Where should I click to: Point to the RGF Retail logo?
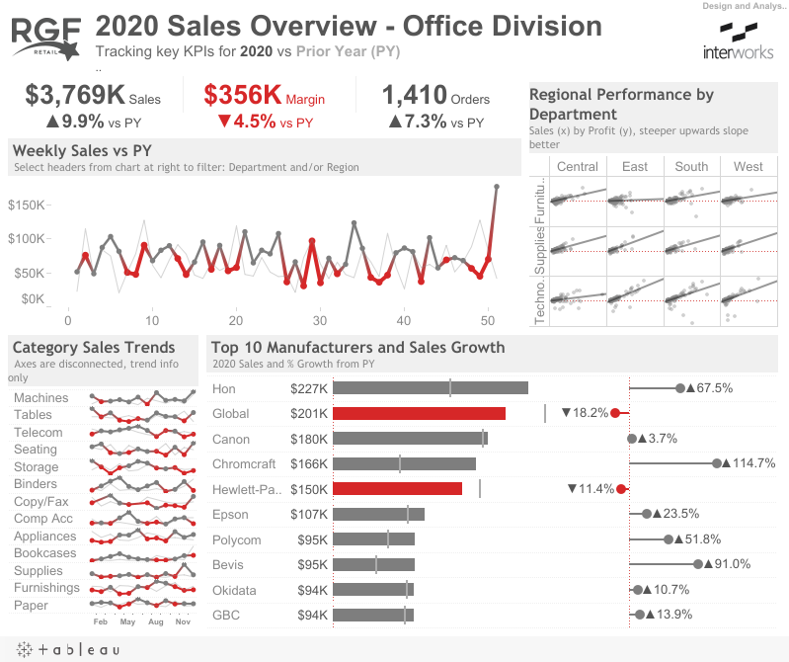46,38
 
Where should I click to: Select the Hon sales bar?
431,388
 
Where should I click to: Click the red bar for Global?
419,413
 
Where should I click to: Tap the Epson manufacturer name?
230,514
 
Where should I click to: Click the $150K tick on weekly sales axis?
27,205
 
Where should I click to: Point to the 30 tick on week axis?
319,320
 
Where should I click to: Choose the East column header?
635,166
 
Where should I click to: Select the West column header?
749,166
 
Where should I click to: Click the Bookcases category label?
44,553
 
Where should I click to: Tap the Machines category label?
40,397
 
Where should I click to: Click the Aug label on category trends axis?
156,622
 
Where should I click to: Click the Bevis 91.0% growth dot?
698,564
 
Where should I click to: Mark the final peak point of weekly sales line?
496,186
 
